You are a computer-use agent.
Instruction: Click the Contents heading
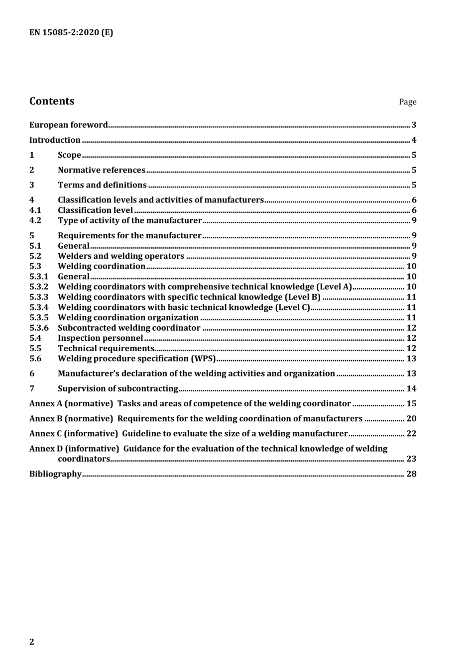tap(52, 101)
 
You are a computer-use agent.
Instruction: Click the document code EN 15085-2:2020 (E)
tap(71, 33)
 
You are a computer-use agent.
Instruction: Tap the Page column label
tap(407, 102)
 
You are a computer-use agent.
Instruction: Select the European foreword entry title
tap(68, 125)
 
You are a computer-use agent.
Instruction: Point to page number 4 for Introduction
tap(414, 140)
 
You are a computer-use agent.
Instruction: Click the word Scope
tap(69, 155)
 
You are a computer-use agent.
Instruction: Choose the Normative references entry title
tap(102, 170)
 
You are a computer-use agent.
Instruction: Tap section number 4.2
tap(35, 220)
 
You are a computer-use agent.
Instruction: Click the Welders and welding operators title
tap(121, 256)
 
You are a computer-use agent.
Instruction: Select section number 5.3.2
tap(39, 287)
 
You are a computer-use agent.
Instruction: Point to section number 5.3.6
tap(39, 328)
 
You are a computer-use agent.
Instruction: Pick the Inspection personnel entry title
tap(100, 338)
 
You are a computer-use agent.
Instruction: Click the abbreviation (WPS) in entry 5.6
tap(203, 359)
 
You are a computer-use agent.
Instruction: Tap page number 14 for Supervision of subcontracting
tap(411, 389)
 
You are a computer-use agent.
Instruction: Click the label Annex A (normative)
tap(71, 404)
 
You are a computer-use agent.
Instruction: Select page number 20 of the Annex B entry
tap(411, 419)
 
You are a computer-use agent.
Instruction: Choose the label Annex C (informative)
tap(74, 434)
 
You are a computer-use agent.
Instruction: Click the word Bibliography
tap(55, 474)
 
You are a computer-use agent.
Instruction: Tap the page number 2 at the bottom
tap(32, 642)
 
